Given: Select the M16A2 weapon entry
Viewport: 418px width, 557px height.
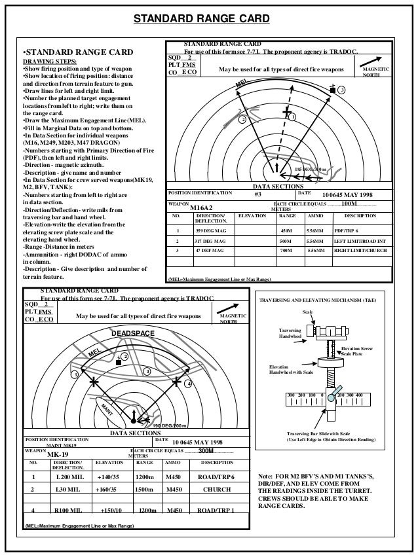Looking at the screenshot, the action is tap(202, 208).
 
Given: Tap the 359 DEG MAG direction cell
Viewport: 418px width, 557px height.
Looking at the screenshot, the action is tap(209, 230).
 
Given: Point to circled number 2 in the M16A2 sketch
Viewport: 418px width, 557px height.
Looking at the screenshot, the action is tap(242, 120).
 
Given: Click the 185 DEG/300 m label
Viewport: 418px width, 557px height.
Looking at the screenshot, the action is tap(307, 170).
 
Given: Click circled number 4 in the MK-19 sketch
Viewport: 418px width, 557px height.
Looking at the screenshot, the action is tap(187, 383).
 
